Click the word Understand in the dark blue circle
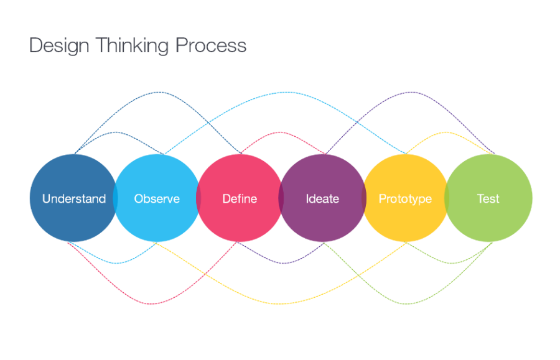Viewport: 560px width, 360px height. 74,199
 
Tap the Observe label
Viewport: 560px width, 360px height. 157,199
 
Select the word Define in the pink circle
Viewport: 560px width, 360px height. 240,199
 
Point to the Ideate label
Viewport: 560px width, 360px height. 322,199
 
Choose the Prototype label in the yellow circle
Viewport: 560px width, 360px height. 405,199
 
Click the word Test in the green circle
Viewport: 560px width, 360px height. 488,199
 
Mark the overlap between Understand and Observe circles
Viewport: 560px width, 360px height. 116,199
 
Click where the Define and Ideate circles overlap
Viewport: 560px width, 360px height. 281,199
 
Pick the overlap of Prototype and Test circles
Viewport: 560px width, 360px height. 447,199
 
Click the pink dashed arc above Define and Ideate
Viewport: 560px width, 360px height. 282,132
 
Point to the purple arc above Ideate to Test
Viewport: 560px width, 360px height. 408,93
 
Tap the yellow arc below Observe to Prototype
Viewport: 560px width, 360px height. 280,304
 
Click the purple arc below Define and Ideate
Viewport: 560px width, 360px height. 281,263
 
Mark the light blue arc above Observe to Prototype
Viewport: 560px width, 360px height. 284,93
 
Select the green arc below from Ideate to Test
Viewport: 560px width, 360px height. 408,304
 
